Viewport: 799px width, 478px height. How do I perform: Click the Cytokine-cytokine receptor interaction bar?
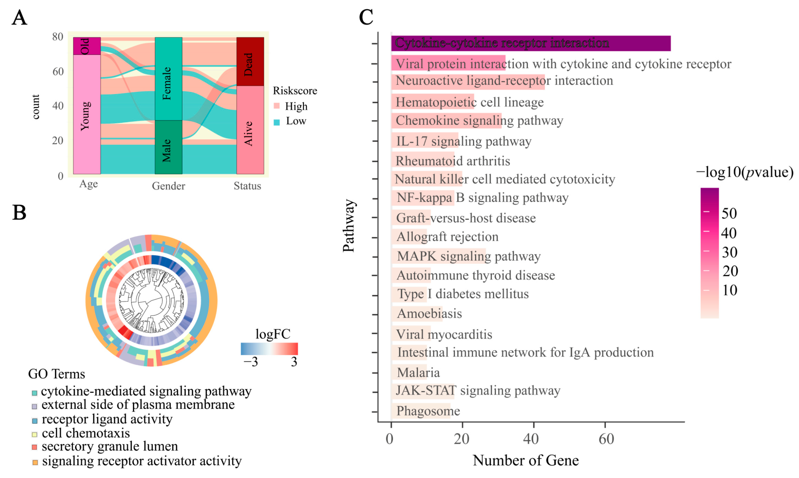click(531, 43)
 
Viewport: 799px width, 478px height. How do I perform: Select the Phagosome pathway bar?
click(421, 411)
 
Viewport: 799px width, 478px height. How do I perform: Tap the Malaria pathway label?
click(418, 373)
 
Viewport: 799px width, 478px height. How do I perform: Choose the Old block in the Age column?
click(87, 46)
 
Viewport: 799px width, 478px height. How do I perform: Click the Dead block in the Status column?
click(250, 61)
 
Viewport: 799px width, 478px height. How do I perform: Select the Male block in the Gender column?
click(168, 147)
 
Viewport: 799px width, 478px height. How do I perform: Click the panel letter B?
click(19, 213)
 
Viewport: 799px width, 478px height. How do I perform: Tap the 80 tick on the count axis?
click(58, 37)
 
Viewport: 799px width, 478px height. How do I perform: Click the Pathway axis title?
click(349, 225)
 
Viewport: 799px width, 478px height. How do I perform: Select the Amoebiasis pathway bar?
click(417, 314)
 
